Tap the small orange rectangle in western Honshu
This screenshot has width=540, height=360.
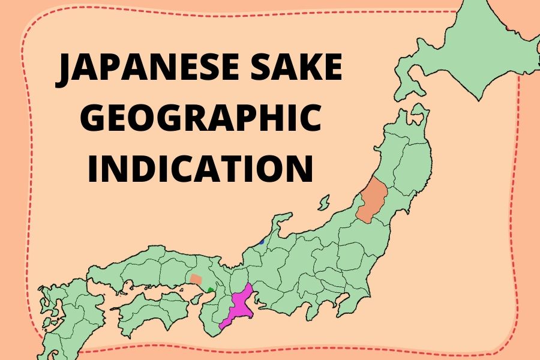click(x=196, y=279)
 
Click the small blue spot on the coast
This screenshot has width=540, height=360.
click(x=262, y=242)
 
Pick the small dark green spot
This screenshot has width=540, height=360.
click(x=210, y=290)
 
